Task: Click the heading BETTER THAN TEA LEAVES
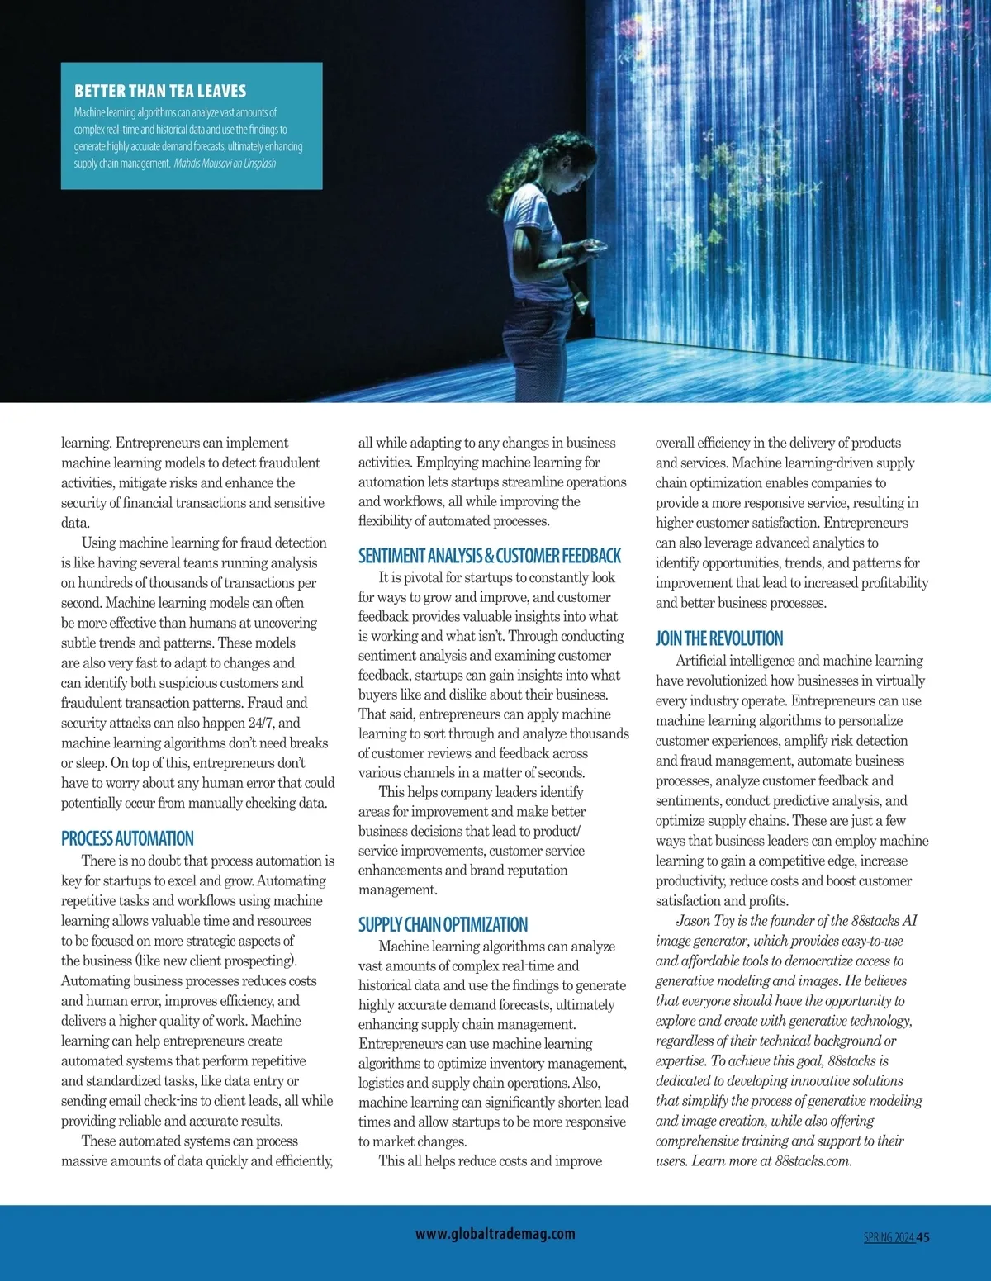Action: (160, 91)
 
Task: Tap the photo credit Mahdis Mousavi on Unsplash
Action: (225, 164)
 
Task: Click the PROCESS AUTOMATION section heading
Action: (127, 838)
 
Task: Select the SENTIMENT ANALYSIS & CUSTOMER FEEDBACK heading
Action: (489, 556)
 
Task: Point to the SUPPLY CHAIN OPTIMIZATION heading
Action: (443, 924)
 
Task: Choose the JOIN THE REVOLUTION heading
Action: (718, 638)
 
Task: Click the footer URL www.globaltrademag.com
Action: (495, 1234)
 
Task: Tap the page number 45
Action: (922, 1237)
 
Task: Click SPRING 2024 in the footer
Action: (889, 1237)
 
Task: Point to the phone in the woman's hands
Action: (592, 245)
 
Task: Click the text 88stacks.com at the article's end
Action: (812, 1160)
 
